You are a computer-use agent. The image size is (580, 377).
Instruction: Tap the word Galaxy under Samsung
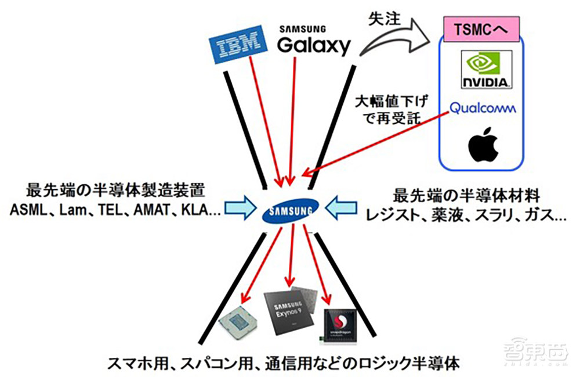[314, 45]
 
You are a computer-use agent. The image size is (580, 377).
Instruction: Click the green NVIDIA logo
[484, 69]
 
